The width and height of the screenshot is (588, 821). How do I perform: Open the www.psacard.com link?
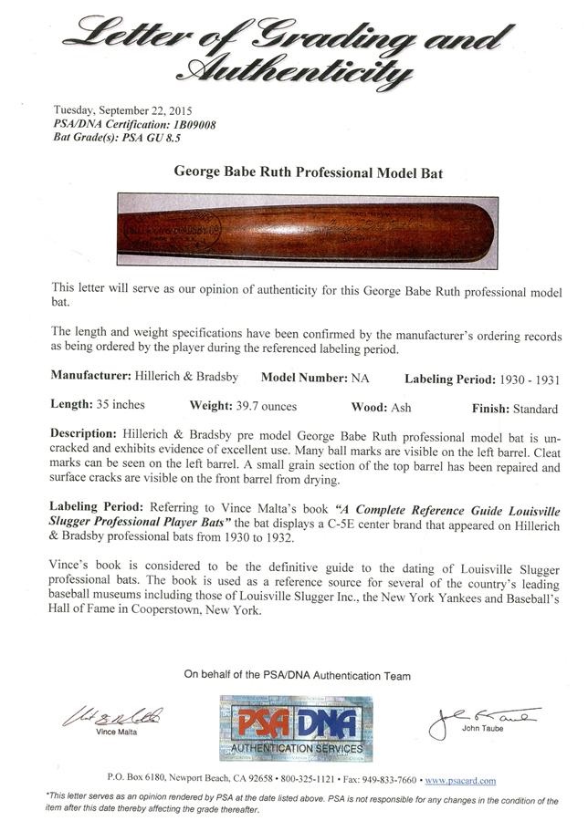(x=460, y=781)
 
